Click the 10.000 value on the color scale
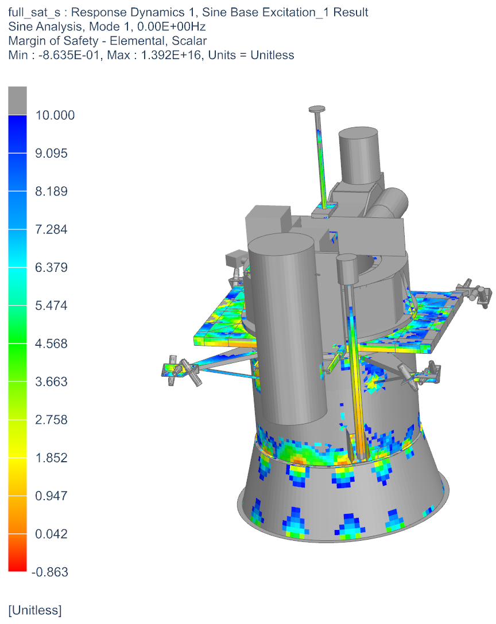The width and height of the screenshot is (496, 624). click(55, 115)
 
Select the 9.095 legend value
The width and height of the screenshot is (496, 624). click(51, 154)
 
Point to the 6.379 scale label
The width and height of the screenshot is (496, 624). click(51, 268)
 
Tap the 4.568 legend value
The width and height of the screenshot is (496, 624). click(51, 344)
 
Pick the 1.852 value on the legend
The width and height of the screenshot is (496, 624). click(51, 458)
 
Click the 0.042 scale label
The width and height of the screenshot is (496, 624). click(51, 535)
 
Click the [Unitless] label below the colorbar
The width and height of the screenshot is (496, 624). click(34, 610)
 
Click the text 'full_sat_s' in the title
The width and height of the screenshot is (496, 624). click(32, 12)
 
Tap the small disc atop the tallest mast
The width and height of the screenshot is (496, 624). click(316, 109)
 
